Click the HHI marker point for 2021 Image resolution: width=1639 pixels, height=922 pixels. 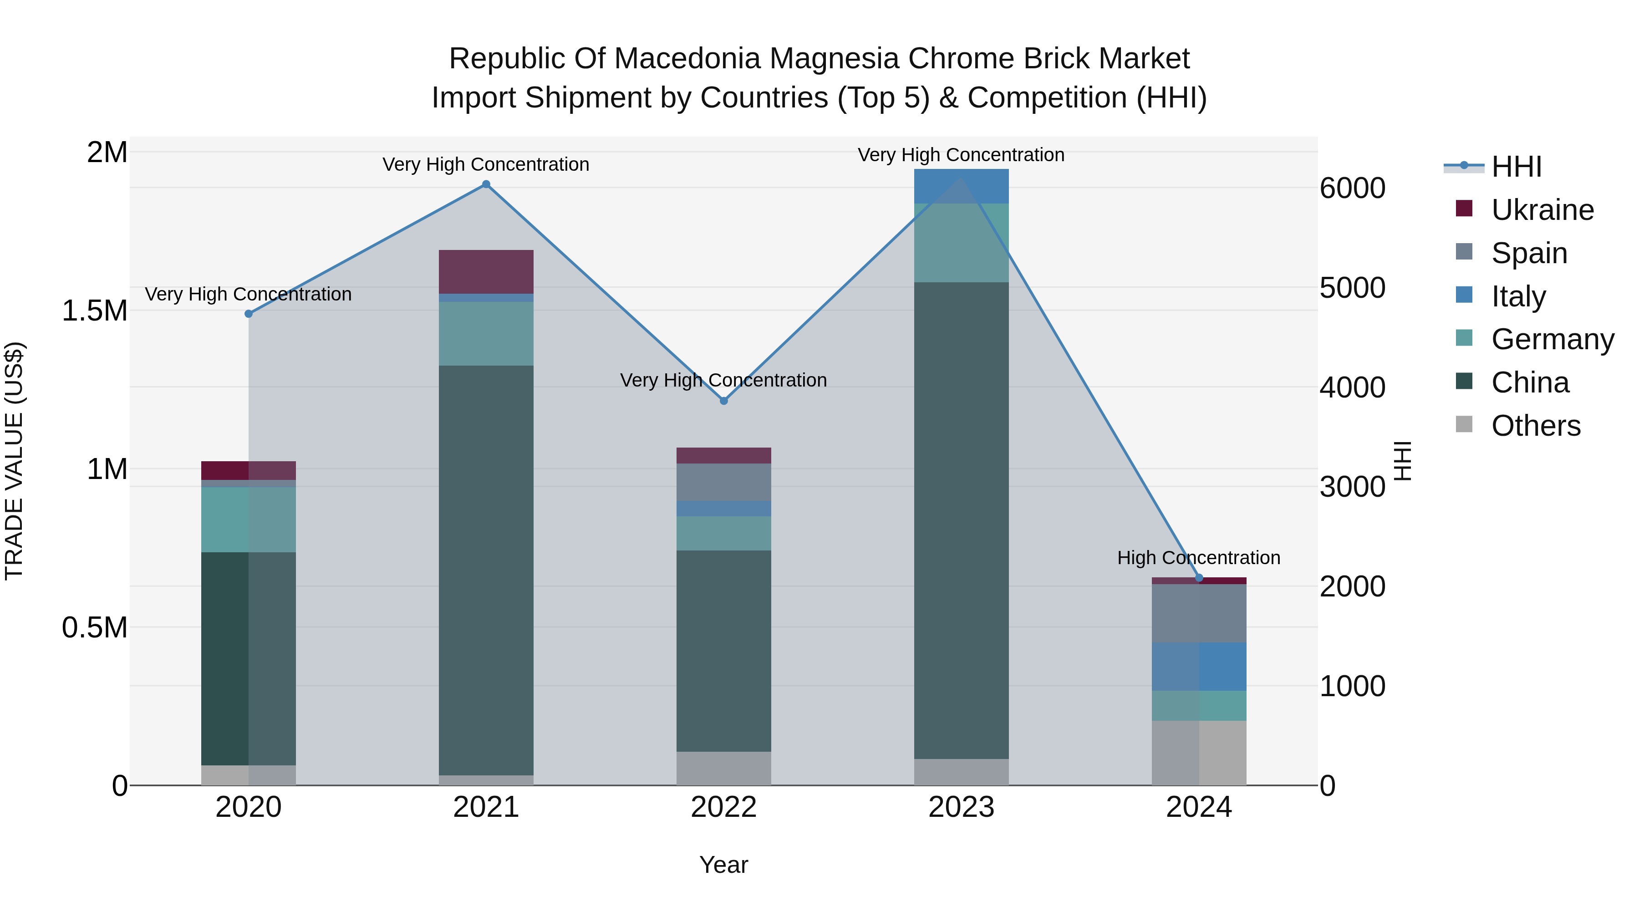click(486, 184)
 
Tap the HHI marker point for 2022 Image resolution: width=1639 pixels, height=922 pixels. click(723, 401)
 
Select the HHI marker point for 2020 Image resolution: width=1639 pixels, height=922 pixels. click(249, 314)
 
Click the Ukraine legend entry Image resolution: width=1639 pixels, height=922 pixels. click(1542, 210)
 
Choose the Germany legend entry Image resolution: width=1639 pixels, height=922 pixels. click(1552, 339)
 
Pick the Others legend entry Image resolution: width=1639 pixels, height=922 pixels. click(1535, 426)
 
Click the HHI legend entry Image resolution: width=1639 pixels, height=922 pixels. click(1516, 167)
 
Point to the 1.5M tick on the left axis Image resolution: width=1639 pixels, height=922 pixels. click(94, 311)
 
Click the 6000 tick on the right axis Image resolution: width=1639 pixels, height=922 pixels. click(1352, 188)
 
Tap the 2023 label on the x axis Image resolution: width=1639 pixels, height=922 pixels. click(961, 807)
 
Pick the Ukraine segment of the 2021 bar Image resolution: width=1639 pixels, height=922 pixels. click(486, 272)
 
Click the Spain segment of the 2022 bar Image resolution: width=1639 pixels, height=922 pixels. click(723, 482)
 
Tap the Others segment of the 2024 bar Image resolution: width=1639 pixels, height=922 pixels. click(1199, 753)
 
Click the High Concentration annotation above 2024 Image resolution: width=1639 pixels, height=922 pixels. click(1199, 558)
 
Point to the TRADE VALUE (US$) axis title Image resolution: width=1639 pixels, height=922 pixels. click(14, 461)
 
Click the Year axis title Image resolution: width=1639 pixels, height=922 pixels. click(723, 865)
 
